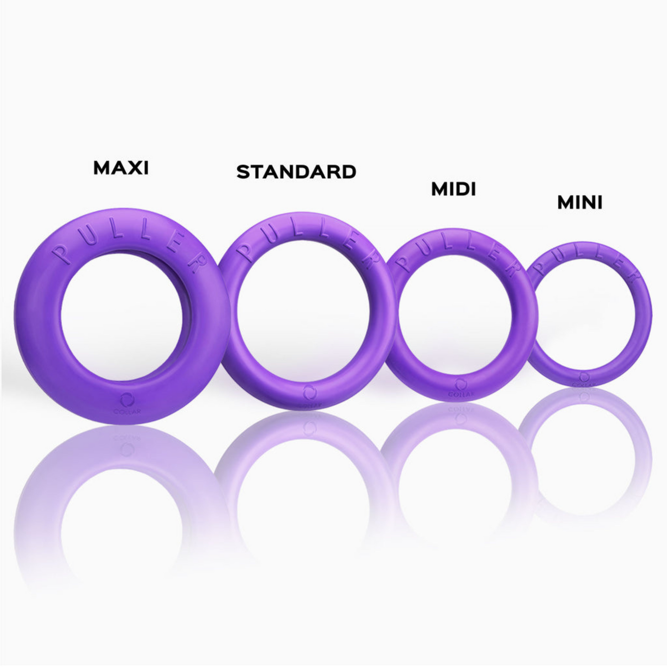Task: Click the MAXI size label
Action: coord(121,168)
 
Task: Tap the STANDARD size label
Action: coord(296,172)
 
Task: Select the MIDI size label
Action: coord(453,189)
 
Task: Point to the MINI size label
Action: coord(580,202)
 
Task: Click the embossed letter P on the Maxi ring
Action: coord(60,254)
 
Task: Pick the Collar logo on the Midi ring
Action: coord(460,385)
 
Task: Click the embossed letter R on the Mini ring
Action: coord(636,278)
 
